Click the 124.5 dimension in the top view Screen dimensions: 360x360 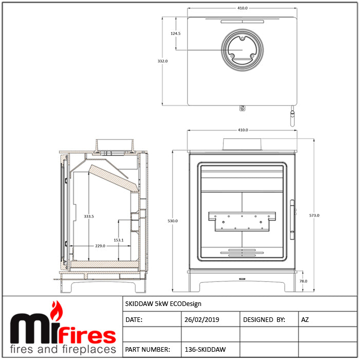(176, 33)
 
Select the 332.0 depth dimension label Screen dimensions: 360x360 (163, 61)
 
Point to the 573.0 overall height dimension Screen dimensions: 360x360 (314, 215)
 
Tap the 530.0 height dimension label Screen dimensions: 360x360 (173, 221)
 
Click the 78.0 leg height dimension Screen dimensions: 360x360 (303, 281)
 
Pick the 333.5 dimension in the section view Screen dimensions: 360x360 (88, 217)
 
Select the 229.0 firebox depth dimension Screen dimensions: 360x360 (100, 246)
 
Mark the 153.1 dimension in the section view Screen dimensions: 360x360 (118, 240)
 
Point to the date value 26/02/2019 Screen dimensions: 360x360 (202, 320)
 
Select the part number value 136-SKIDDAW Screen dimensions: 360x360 (205, 350)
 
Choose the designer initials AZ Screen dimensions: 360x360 (305, 320)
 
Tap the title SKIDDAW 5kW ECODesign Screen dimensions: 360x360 (164, 304)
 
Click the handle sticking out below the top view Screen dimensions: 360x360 (292, 118)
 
